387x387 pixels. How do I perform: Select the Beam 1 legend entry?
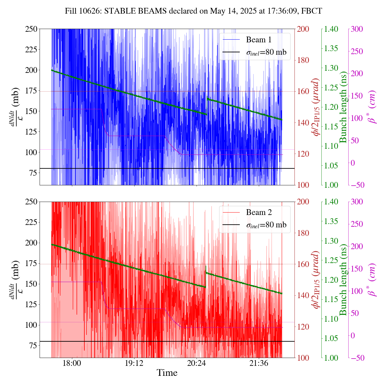coord(259,40)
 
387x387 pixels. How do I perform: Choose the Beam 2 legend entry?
coord(259,212)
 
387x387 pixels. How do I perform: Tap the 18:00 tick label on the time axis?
coord(72,363)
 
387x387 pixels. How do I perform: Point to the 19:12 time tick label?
coord(134,363)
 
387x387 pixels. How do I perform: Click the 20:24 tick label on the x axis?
coord(197,363)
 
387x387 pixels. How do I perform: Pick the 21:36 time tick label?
coord(259,363)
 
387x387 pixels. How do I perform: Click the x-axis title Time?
coord(167,373)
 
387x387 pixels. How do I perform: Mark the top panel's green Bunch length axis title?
coord(343,107)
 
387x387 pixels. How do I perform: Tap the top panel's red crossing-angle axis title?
coord(316,107)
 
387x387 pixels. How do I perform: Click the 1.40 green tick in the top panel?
coord(331,29)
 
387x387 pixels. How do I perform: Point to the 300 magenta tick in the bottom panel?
coord(357,202)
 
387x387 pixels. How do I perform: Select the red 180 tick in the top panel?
coord(303,60)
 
